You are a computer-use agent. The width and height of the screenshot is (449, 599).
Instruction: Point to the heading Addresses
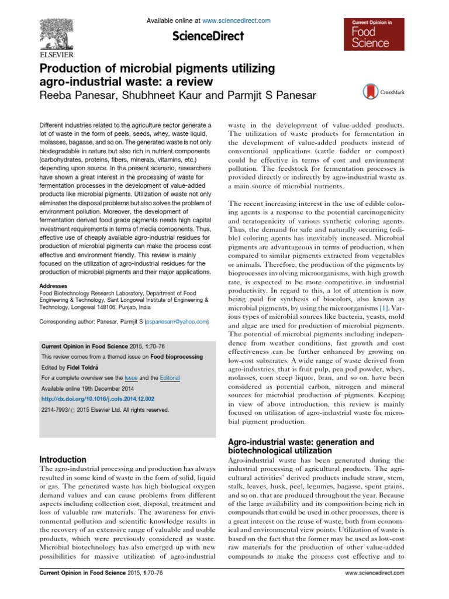pos(54,270)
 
